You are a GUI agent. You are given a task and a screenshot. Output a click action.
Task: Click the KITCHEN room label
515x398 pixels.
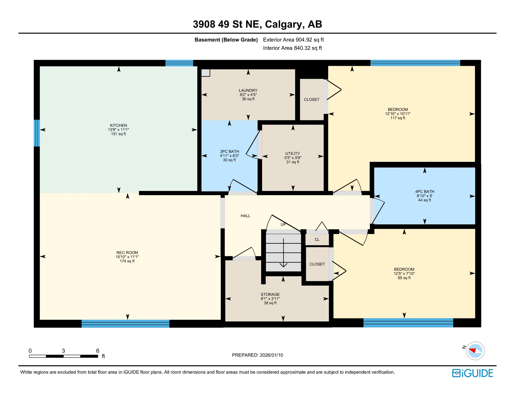[118, 125]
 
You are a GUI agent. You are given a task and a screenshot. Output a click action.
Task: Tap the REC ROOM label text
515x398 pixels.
[127, 253]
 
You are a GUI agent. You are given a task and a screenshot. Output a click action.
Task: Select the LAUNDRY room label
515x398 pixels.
[248, 90]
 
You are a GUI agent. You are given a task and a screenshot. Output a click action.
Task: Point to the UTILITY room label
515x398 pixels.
[292, 153]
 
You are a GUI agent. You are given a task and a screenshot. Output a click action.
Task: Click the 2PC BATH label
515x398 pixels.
[229, 152]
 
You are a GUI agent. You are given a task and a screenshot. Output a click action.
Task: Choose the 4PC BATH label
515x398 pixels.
[424, 192]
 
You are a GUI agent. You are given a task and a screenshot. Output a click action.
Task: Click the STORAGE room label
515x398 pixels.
[270, 294]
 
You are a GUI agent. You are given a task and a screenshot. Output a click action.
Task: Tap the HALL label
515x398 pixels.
[245, 216]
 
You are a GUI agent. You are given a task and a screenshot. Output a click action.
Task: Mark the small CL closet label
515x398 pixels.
[317, 240]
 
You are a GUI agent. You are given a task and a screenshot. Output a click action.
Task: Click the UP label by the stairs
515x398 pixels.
[283, 224]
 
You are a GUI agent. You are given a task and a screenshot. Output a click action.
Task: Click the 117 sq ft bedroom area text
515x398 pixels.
[398, 118]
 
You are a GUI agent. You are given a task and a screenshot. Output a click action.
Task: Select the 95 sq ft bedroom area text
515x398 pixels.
[404, 278]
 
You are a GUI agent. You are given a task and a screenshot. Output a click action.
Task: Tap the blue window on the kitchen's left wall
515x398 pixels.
[37, 133]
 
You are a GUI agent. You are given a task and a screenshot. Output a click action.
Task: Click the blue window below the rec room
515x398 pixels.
[125, 324]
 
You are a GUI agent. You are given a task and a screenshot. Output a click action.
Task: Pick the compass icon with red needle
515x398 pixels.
[475, 351]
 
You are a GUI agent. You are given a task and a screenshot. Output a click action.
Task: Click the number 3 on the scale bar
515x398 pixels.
[63, 351]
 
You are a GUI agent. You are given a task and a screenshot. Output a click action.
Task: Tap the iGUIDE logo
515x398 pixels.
[472, 373]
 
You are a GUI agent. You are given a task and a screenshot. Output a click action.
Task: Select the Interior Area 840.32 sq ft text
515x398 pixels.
[292, 48]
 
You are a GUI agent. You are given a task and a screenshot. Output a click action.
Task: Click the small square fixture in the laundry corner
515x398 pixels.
[206, 73]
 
